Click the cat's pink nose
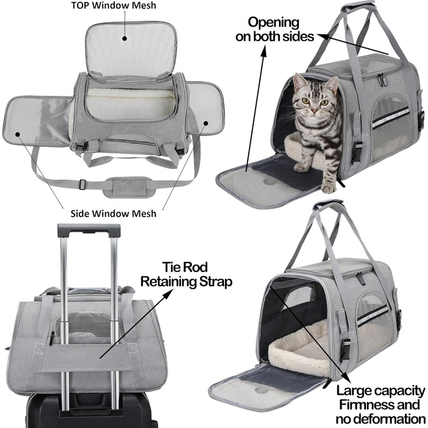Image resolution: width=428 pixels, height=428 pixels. coord(314,111)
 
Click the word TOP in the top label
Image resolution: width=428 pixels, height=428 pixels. coord(80,6)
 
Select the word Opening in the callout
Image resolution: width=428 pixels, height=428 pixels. coord(273,23)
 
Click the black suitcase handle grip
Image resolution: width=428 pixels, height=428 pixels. coord(89,230)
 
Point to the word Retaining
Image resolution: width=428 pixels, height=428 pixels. coord(168,281)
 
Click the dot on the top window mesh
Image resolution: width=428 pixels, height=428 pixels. coord(125,38)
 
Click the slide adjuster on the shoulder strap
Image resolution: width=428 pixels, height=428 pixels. coord(81,183)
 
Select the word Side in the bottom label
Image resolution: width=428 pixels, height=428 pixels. coord(79,213)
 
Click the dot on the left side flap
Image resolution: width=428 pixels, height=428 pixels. coord(18,135)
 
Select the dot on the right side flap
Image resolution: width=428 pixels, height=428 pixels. coord(206,124)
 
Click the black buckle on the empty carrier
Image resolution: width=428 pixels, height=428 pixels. coord(345,349)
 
